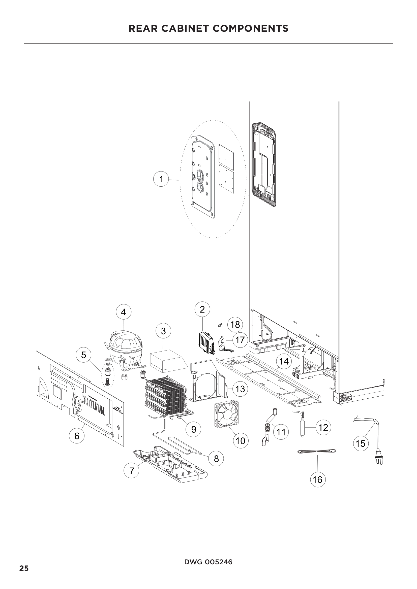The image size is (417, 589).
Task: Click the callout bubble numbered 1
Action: tap(161, 179)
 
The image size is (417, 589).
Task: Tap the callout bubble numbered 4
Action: tap(124, 312)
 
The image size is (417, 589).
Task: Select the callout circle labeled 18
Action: tap(235, 325)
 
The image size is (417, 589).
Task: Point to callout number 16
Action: tap(318, 479)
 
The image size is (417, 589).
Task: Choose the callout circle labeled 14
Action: tap(284, 361)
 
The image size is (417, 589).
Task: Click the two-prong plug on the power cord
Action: tap(379, 459)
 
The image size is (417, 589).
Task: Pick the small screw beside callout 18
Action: tap(220, 325)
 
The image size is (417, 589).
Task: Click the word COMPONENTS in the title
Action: tap(250, 28)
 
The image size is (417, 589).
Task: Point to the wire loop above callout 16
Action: tap(316, 451)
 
